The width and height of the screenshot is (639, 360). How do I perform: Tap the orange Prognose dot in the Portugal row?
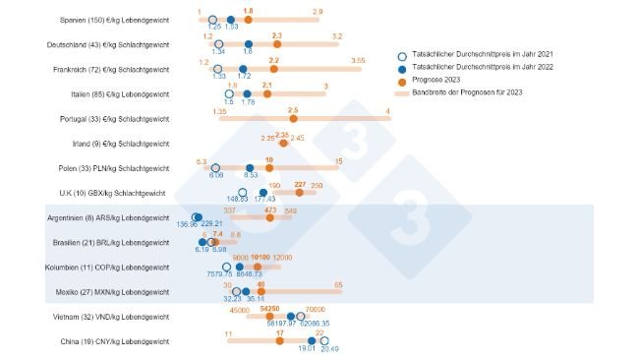(x=292, y=119)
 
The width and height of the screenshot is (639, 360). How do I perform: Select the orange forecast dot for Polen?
(x=268, y=168)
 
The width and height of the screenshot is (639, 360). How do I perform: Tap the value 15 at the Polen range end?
(x=338, y=160)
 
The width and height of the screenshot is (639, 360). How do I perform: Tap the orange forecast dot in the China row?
(x=280, y=341)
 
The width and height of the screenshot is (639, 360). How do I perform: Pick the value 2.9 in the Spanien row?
(x=316, y=11)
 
